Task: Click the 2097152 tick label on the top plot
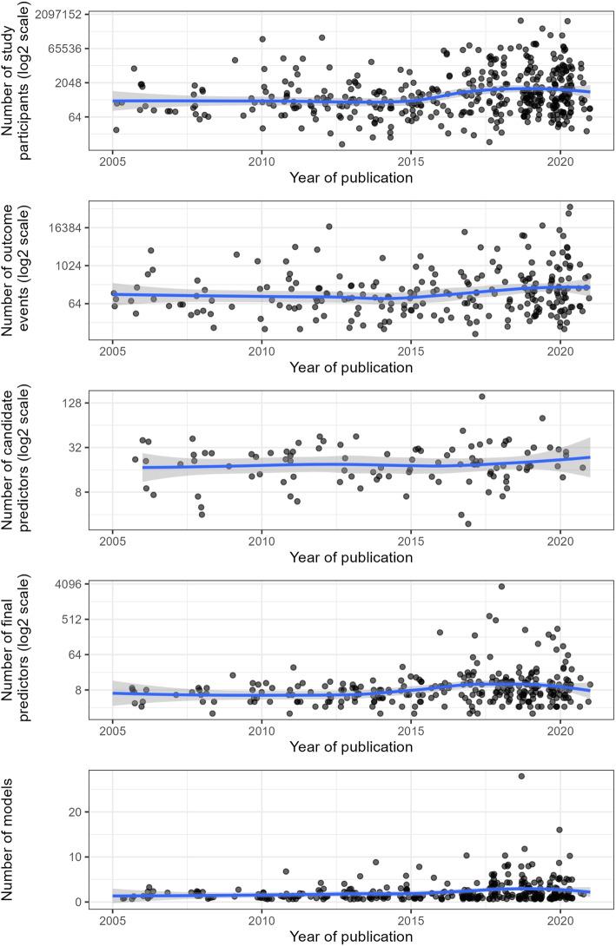pos(58,15)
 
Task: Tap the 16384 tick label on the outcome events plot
pos(64,227)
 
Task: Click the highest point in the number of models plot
pos(521,776)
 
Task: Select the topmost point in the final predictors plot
pos(501,587)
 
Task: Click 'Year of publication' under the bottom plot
pos(352,936)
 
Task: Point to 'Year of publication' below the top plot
pos(352,178)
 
